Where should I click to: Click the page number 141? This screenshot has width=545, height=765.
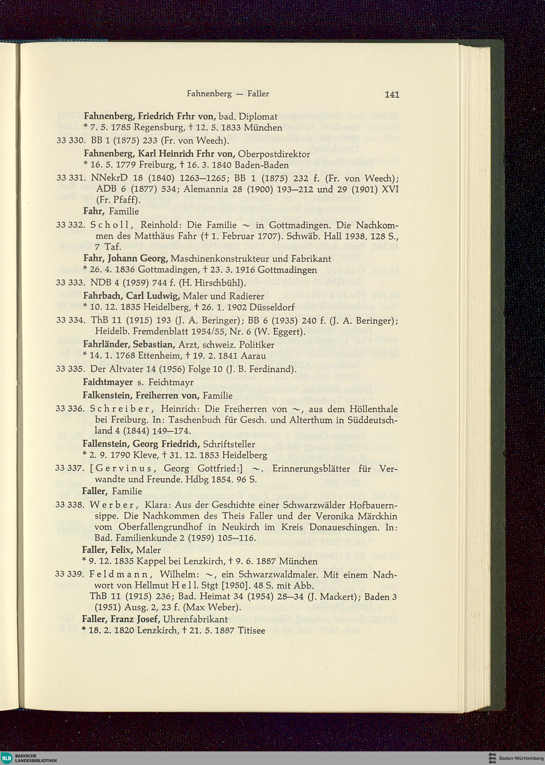[392, 94]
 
